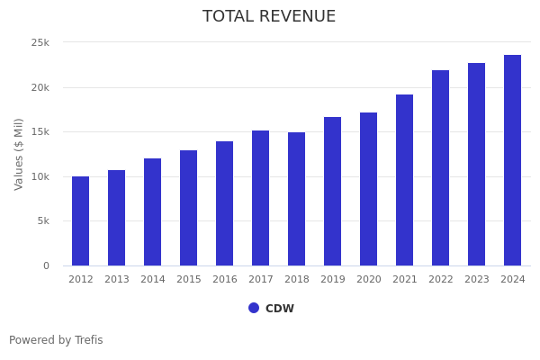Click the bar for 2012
tap(81, 221)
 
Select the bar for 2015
tap(189, 208)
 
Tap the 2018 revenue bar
tap(297, 199)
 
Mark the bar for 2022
tap(441, 168)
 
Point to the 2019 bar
tap(333, 192)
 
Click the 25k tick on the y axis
tap(40, 43)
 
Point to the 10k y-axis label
tap(40, 176)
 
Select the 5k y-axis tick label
tap(43, 221)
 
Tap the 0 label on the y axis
tap(46, 265)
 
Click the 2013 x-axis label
tap(117, 280)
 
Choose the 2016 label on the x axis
tap(225, 280)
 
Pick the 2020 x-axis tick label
tap(369, 280)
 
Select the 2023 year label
tap(477, 280)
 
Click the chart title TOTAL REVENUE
tap(269, 17)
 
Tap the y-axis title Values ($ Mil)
tap(19, 154)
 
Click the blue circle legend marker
tap(254, 308)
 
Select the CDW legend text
tap(280, 309)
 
